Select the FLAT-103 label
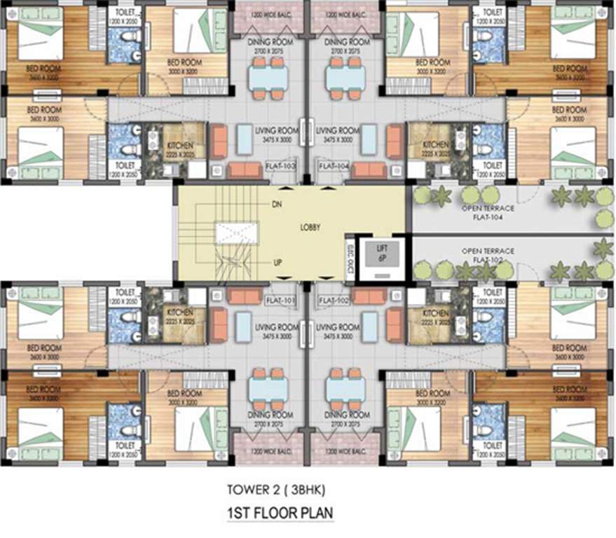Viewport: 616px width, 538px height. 281,166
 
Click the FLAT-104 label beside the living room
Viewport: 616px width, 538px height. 334,166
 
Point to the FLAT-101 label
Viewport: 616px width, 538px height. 281,301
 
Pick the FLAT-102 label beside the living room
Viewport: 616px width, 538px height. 334,301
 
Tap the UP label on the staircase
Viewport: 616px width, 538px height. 278,263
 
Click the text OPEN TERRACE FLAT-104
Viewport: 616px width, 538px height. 488,212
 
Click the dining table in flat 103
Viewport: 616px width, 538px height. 268,77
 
